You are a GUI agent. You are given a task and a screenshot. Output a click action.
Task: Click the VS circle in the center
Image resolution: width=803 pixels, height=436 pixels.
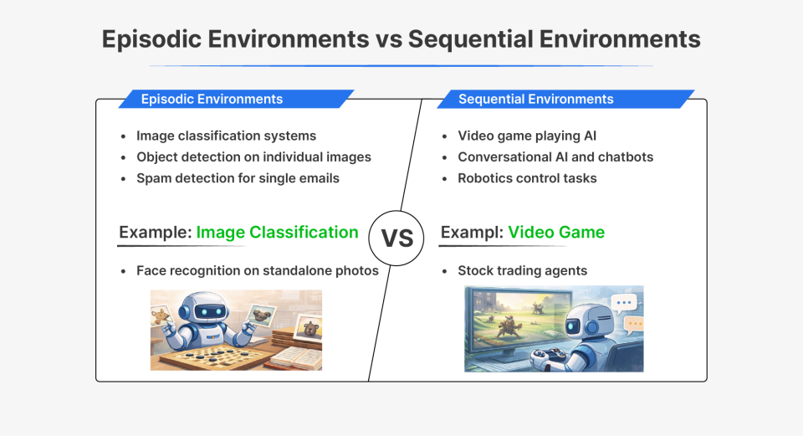point(397,238)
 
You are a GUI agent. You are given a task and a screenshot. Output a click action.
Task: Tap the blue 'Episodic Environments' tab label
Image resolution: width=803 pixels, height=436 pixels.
point(212,99)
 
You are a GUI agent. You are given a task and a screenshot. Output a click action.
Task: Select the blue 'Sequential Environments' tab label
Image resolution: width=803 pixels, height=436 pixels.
point(535,99)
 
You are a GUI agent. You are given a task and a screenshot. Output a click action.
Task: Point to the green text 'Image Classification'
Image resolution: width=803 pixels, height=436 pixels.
point(277,232)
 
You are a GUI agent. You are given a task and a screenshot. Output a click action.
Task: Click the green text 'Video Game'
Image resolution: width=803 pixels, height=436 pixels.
point(556,232)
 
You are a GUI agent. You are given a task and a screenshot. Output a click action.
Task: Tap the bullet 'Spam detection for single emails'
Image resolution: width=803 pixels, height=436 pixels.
point(238,177)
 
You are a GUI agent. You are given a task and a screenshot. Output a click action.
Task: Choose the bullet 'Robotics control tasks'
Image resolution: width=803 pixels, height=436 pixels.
point(527,177)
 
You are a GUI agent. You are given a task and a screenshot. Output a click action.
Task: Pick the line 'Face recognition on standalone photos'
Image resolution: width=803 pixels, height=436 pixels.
point(257,270)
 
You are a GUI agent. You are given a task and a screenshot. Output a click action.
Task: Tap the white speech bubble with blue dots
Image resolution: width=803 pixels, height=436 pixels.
point(623,304)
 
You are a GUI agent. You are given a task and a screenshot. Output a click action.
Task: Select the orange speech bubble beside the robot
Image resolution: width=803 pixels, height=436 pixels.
point(634,323)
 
